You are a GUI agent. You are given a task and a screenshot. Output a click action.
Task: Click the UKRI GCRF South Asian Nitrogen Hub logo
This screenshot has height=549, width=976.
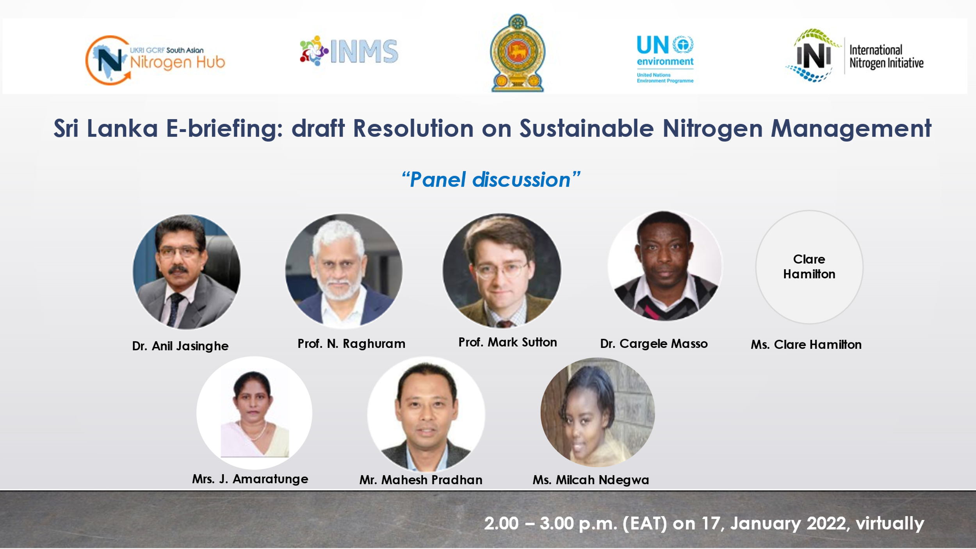pyautogui.click(x=155, y=60)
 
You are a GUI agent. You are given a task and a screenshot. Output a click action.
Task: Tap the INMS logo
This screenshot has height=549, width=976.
pyautogui.click(x=349, y=51)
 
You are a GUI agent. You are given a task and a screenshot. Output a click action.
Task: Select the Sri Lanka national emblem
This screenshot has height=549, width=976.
pyautogui.click(x=518, y=53)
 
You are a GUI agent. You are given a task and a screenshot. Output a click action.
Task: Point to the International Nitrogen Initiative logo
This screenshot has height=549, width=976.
pyautogui.click(x=855, y=55)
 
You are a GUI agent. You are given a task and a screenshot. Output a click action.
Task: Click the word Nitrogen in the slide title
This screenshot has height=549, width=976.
pyautogui.click(x=712, y=128)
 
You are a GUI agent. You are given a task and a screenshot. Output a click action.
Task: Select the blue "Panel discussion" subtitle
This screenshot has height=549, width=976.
pyautogui.click(x=491, y=180)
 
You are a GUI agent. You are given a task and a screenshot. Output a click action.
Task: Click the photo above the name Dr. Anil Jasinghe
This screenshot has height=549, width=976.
pyautogui.click(x=186, y=272)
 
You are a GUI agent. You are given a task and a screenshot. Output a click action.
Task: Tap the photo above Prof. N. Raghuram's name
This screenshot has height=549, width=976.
pyautogui.click(x=344, y=270)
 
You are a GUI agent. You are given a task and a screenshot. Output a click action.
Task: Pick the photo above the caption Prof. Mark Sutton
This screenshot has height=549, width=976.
pyautogui.click(x=502, y=271)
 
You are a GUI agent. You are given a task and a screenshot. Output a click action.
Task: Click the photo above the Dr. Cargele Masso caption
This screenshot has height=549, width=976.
pyautogui.click(x=665, y=266)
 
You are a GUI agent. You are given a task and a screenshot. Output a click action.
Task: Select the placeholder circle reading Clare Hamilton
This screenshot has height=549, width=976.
pyautogui.click(x=809, y=267)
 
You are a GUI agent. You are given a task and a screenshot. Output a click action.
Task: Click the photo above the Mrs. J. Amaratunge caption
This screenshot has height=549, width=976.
pyautogui.click(x=254, y=413)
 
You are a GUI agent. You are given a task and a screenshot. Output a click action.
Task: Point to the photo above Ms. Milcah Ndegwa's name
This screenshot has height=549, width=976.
pyautogui.click(x=598, y=412)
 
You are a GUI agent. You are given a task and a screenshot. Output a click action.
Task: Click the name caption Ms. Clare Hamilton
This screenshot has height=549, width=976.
pyautogui.click(x=806, y=345)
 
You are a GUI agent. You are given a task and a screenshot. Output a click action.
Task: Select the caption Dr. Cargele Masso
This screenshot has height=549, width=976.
pyautogui.click(x=654, y=344)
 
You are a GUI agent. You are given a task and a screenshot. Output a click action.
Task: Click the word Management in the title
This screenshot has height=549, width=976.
pyautogui.click(x=851, y=128)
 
